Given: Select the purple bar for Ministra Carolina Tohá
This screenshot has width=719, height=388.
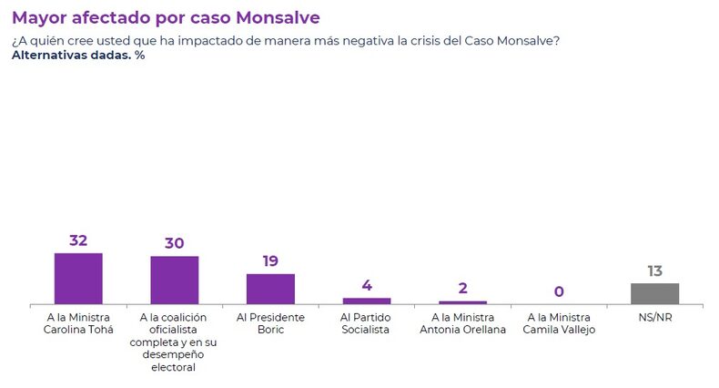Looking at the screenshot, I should pos(78,279).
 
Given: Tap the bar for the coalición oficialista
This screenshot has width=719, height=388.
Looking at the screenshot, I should pos(174,281).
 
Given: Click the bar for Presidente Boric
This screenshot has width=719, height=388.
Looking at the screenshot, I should pos(270,289).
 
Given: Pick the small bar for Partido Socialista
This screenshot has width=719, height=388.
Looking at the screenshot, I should pos(367,301).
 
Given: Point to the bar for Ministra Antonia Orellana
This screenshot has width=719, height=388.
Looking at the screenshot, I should pos(462,302).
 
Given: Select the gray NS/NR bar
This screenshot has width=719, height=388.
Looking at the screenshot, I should pos(654,293).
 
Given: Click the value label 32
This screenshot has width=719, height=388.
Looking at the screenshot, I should pos(78,240).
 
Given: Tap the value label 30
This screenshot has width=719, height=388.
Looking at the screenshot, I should pos(174,243).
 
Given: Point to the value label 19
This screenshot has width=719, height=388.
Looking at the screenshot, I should pos(270,260).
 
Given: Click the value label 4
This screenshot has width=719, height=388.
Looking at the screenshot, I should pos(367,285).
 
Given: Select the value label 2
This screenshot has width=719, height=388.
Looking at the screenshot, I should pos(462,288).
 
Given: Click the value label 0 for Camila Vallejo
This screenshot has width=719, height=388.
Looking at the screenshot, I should pos(559,291).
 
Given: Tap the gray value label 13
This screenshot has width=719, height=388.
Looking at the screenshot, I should pos(654,271).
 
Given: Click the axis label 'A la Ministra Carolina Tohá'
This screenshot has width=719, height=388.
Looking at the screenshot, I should pos(78,323).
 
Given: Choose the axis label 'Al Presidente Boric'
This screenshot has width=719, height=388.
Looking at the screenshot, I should pos(270,323).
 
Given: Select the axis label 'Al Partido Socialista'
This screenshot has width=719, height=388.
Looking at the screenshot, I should pos(367,323).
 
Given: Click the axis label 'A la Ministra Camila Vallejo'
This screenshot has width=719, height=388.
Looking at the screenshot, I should pos(559,323).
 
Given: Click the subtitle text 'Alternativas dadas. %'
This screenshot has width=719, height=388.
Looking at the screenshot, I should pos(78,56).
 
